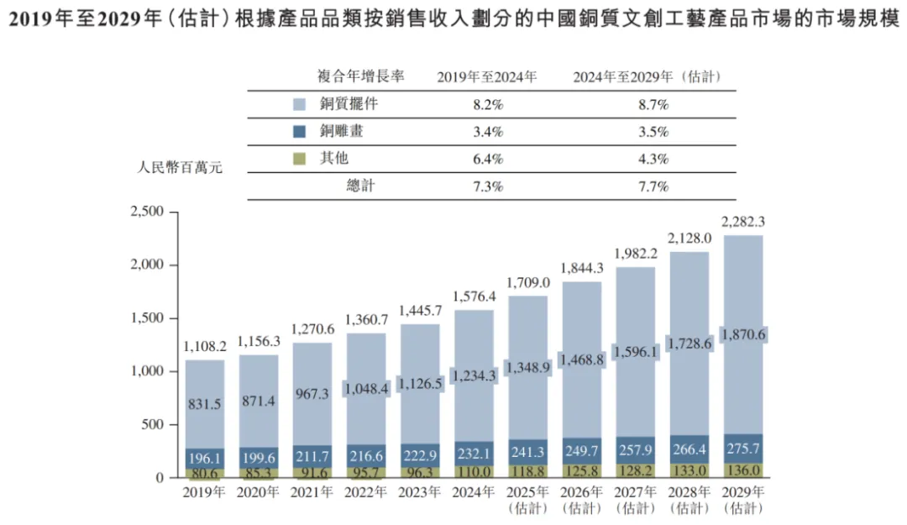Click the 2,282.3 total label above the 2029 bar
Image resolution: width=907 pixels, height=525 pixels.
click(744, 222)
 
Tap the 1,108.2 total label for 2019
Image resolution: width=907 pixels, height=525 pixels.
click(206, 346)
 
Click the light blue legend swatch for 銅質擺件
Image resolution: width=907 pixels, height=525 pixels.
click(299, 105)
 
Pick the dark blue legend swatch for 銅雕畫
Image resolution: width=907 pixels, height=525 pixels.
click(299, 131)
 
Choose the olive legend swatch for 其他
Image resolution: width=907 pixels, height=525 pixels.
click(299, 158)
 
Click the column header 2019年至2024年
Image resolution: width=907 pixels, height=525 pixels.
click(487, 77)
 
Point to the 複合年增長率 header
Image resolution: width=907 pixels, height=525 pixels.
click(360, 76)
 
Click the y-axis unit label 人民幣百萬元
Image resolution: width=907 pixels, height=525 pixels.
click(180, 166)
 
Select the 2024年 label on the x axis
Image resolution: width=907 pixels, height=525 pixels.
click(475, 492)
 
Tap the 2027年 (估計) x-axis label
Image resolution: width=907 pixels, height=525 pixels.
click(637, 500)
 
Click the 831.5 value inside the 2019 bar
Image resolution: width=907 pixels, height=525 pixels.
click(206, 405)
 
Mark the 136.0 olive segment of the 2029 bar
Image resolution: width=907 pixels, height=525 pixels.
click(744, 470)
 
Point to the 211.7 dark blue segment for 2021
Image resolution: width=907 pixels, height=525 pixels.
click(313, 456)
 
